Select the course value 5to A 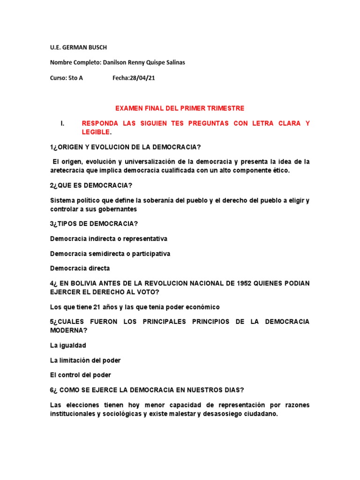coord(75,78)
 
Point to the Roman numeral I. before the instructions coord(62,123)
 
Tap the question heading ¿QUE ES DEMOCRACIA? coord(91,185)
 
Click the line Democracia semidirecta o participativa coord(110,254)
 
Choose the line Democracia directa coord(80,269)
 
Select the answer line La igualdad coord(68,345)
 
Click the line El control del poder coord(81,375)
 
